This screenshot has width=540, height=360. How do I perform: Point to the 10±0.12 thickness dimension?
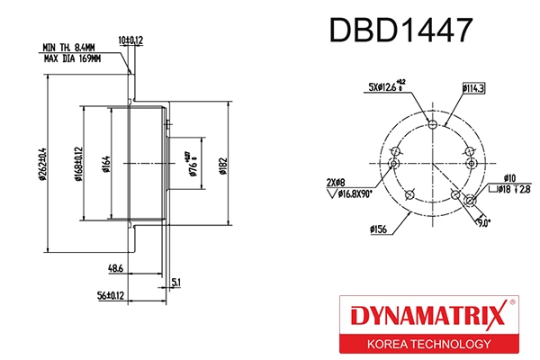131,40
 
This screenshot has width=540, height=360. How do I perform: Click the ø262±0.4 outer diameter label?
43,163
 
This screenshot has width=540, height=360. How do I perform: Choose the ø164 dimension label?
106,163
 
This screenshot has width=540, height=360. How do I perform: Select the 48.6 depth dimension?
115,269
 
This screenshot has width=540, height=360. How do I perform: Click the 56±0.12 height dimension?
110,295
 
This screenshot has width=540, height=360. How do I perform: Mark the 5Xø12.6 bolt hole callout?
388,87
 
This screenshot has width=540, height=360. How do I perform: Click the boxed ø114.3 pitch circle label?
472,88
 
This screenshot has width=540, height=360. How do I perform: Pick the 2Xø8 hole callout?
337,181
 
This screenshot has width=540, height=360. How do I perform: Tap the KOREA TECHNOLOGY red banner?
427,345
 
